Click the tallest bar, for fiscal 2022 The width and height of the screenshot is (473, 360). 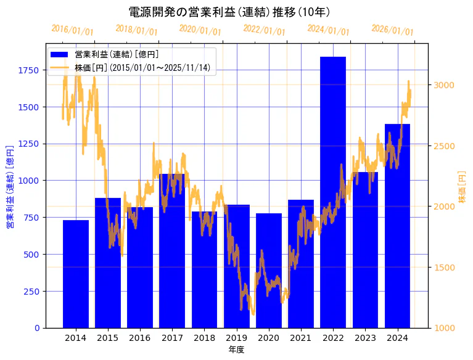point(333,191)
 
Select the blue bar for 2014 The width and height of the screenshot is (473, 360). point(76,274)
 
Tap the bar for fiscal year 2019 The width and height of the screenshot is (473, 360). point(237,266)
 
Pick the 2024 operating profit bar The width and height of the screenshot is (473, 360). point(397,226)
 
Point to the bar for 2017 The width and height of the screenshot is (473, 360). point(172,250)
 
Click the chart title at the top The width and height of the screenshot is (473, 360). point(229,12)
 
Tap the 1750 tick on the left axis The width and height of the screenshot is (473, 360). point(28,70)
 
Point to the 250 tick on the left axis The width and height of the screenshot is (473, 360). point(31,291)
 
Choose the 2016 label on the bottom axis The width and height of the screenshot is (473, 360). point(140,338)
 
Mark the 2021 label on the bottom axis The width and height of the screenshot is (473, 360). point(301,338)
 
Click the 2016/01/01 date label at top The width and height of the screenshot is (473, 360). point(72,30)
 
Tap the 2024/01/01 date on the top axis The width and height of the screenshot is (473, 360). point(328,30)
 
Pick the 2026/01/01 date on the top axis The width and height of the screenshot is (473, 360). point(392,30)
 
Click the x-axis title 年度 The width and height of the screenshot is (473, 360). point(237,350)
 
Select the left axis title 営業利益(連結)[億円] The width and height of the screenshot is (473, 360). point(9,187)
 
